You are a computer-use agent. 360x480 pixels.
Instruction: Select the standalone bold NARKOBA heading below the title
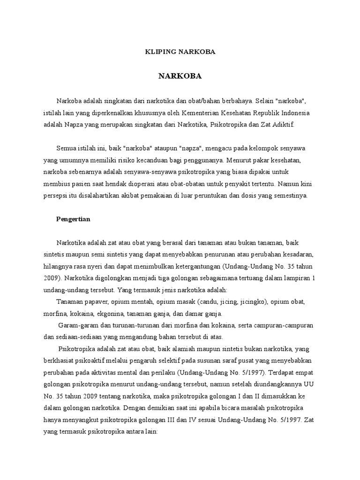pyautogui.click(x=180, y=76)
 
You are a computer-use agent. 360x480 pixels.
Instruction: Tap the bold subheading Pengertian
pyautogui.click(x=74, y=219)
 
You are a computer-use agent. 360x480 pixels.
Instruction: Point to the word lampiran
pyautogui.click(x=297, y=277)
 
